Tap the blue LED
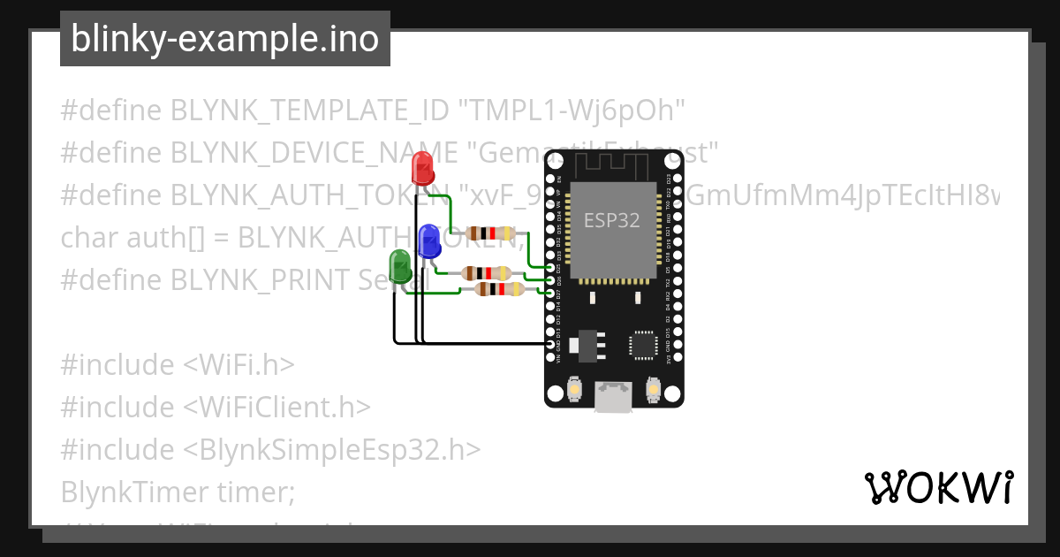pos(430,240)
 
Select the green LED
pos(399,266)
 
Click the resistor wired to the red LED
pos(490,233)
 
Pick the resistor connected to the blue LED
pos(482,273)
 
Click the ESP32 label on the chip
pos(611,220)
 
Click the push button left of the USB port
pos(575,389)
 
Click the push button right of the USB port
pos(655,389)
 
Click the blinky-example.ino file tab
pos(224,39)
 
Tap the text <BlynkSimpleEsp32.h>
pos(332,450)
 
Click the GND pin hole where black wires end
pos(551,344)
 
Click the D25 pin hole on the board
pos(551,268)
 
